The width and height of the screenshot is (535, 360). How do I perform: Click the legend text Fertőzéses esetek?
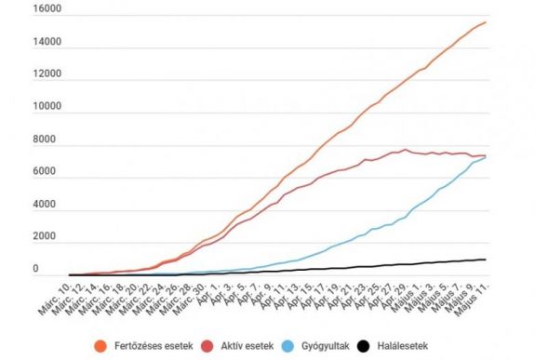174,347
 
